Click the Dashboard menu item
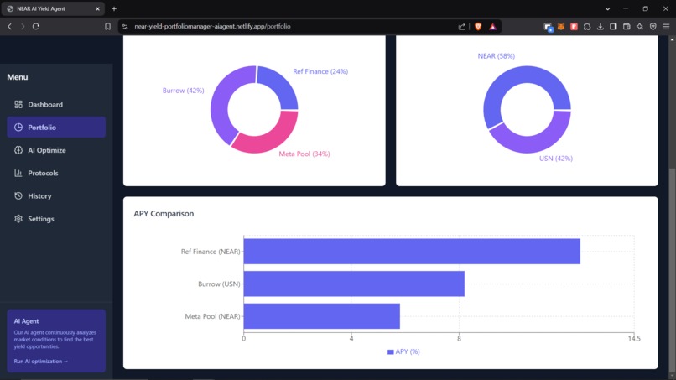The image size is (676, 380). (45, 105)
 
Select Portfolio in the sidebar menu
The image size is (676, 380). (42, 128)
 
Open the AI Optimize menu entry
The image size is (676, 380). (46, 150)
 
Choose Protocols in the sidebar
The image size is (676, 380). (43, 173)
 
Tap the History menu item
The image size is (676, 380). (39, 196)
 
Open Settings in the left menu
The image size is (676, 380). (40, 219)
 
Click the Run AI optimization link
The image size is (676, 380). (41, 362)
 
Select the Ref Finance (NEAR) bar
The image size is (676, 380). (411, 252)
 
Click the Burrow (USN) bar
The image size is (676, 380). (353, 284)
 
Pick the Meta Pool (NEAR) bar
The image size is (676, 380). (321, 316)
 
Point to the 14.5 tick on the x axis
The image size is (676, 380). (633, 339)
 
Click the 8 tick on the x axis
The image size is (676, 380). (459, 339)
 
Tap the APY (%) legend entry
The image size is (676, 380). (403, 351)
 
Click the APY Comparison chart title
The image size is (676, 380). (164, 214)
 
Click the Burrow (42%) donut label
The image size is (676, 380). (183, 91)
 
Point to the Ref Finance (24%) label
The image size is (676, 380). (320, 71)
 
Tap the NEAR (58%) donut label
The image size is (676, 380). (496, 56)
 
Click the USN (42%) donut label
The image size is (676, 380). (555, 159)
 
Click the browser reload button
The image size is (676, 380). (36, 27)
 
